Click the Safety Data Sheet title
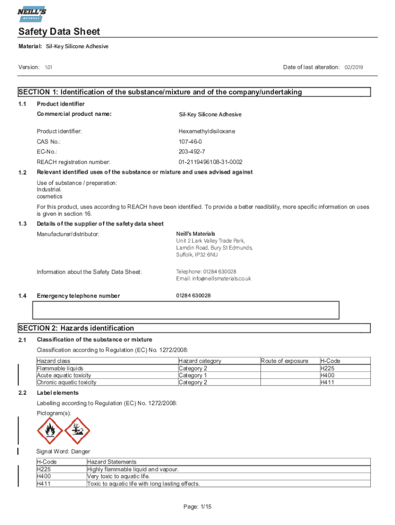tap(59, 32)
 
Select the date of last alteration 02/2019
tap(353, 67)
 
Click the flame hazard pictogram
tap(50, 430)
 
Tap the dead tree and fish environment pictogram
tap(77, 430)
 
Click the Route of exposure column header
tap(285, 361)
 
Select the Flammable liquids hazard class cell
tap(60, 368)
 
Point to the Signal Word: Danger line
tap(63, 452)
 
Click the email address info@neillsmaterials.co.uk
tap(213, 279)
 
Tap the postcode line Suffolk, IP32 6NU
tap(197, 255)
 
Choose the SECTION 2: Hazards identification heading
tap(76, 328)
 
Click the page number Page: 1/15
tap(197, 507)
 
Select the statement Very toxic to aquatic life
tap(118, 476)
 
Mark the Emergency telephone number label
tap(78, 296)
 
